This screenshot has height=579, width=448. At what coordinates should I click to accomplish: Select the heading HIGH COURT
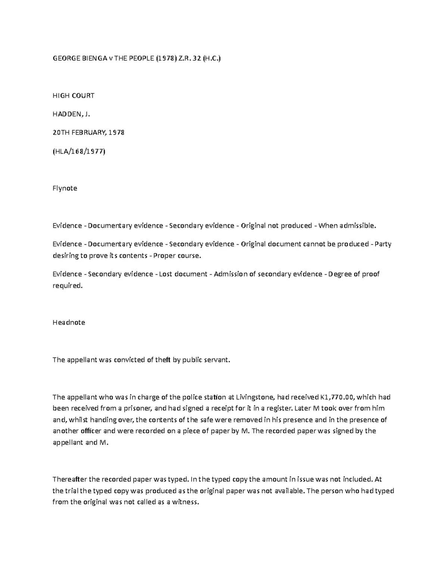pos(73,95)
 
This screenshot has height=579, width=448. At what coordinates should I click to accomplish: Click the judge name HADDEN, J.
pos(72,114)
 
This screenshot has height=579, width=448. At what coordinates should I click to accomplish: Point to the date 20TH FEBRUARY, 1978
pos(88,132)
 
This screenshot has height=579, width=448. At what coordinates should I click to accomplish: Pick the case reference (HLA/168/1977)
pos(79,151)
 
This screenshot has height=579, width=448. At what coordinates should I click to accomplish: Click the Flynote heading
pos(65,188)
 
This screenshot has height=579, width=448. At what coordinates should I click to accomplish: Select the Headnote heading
pos(69,322)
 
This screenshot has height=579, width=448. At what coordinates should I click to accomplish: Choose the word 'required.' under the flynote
pos(67,286)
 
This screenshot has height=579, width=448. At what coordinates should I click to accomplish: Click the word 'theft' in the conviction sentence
pos(163,360)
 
